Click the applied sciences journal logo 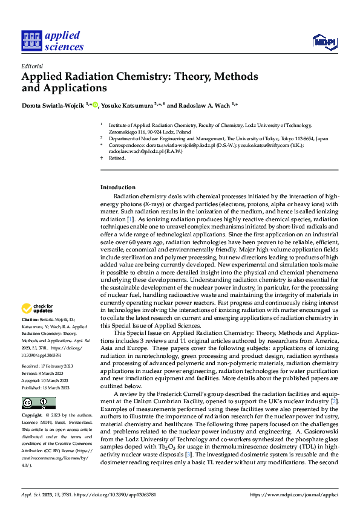(x=52, y=41)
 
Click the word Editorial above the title (x=32, y=66)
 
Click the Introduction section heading (x=118, y=187)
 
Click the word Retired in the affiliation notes (x=117, y=158)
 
